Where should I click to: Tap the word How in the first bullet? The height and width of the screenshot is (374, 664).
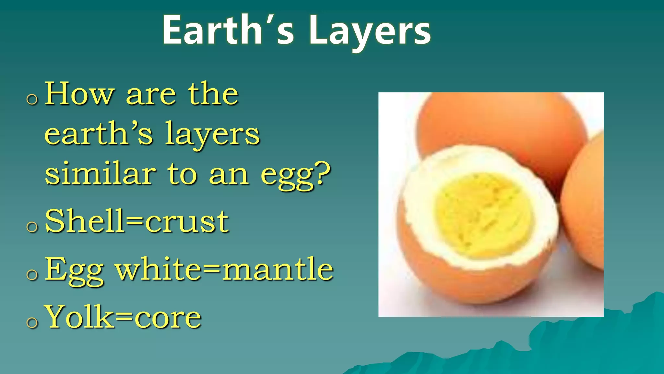(79, 94)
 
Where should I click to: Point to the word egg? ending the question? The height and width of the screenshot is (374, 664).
(295, 175)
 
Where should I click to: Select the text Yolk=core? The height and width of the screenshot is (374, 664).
(124, 317)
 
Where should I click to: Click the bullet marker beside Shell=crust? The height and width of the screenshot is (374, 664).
(32, 227)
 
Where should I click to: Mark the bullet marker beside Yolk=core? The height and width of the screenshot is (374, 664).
(32, 322)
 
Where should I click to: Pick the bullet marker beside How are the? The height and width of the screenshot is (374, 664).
(32, 99)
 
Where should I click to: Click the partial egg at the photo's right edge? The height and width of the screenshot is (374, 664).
(584, 201)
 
